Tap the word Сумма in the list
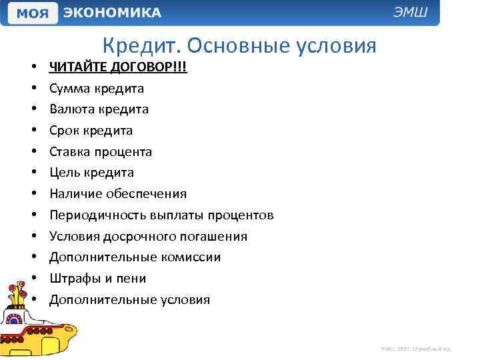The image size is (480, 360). pyautogui.click(x=69, y=88)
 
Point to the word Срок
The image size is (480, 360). pyautogui.click(x=64, y=131)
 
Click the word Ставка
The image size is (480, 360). pyautogui.click(x=71, y=151)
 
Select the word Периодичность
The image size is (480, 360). pyautogui.click(x=93, y=215)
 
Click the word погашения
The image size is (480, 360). pyautogui.click(x=215, y=237)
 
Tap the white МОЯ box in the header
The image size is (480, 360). pyautogui.click(x=31, y=13)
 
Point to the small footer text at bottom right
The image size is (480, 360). pyautogui.click(x=417, y=348)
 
